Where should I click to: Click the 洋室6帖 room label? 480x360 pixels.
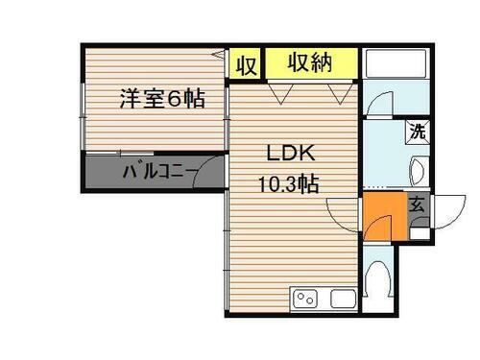click(161, 98)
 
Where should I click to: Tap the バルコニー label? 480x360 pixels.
click(159, 174)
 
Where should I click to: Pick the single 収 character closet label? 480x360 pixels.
click(245, 65)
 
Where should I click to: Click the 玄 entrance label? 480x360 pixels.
click(418, 204)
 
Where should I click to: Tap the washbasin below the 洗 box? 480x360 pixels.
click(419, 173)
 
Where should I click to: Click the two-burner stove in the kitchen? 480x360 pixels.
click(305, 298)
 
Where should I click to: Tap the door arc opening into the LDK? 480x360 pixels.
click(340, 211)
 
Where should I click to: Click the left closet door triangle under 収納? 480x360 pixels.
click(279, 92)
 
